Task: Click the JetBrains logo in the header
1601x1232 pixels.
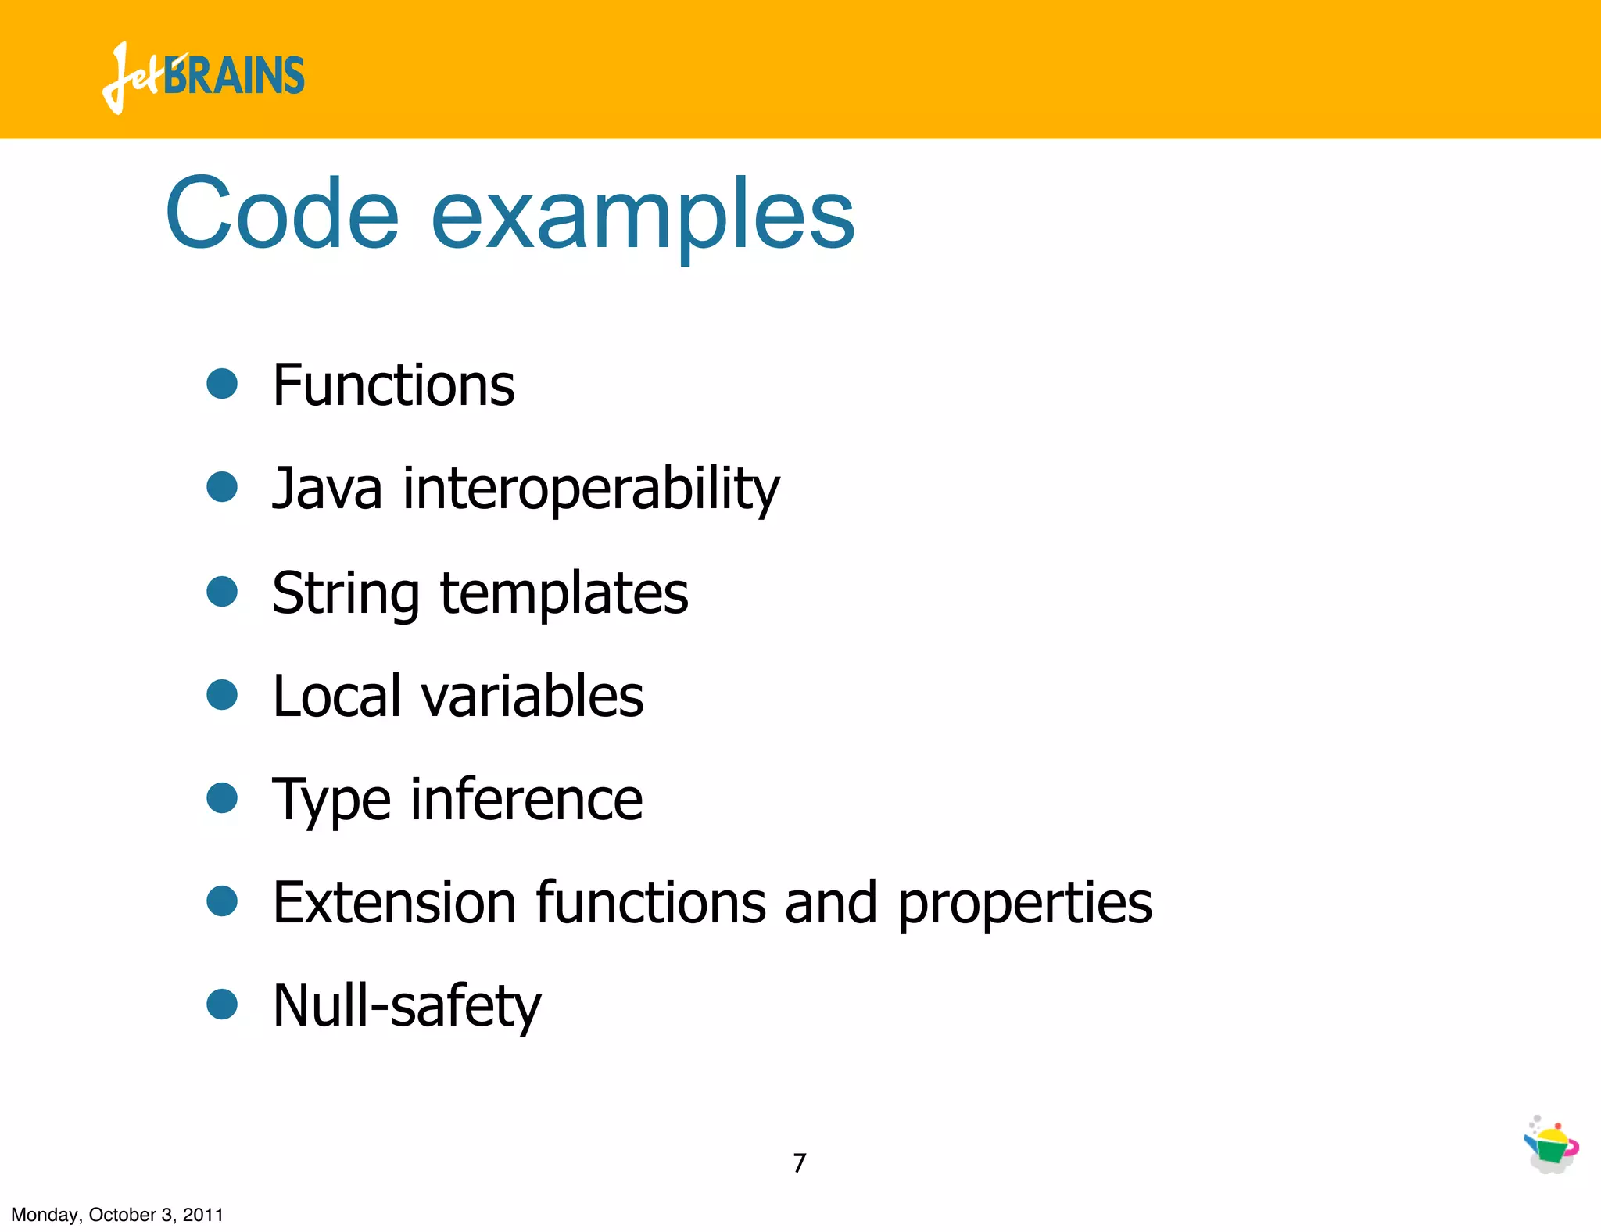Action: point(203,77)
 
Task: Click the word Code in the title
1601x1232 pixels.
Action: point(282,213)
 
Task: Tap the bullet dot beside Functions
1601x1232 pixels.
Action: point(222,384)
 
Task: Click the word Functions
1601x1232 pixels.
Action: point(393,385)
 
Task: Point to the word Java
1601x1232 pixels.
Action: point(327,489)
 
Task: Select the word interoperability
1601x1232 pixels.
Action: point(591,490)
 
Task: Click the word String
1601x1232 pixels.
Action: point(346,594)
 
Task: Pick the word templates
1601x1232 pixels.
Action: point(564,593)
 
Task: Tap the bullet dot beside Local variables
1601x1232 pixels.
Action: point(222,694)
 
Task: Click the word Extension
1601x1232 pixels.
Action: point(394,902)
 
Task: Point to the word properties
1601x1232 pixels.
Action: point(1024,904)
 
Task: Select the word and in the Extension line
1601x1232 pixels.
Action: point(830,902)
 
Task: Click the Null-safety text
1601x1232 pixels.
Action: point(407,1006)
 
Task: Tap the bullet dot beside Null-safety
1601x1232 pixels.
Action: point(222,1005)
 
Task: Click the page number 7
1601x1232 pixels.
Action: point(799,1163)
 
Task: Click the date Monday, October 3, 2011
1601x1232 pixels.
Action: point(117,1215)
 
